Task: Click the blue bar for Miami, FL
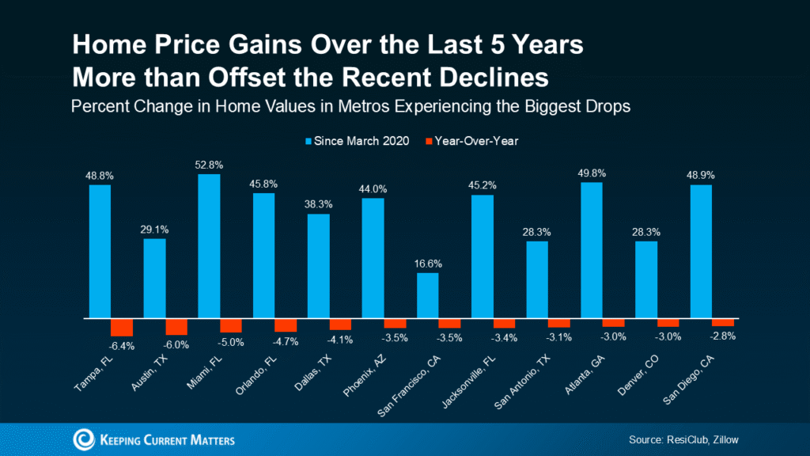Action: [x=209, y=246]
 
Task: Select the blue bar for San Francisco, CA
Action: [x=428, y=295]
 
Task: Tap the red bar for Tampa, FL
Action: [x=122, y=327]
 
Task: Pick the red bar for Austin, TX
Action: [x=176, y=326]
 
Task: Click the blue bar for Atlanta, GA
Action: [x=592, y=250]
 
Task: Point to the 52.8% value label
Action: [x=209, y=165]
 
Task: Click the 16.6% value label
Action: [x=428, y=264]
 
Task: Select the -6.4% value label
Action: [x=122, y=345]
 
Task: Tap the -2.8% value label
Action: [x=723, y=335]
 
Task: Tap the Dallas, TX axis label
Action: [x=313, y=368]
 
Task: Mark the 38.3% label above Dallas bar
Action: [x=318, y=205]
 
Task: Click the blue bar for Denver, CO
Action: [x=646, y=279]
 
